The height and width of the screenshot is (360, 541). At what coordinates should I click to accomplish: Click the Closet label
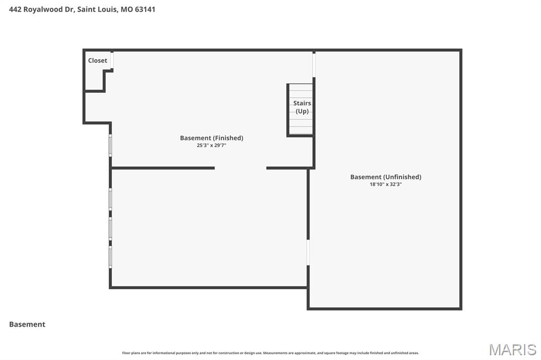pos(98,61)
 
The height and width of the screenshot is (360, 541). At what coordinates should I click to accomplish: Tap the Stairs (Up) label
pos(302,107)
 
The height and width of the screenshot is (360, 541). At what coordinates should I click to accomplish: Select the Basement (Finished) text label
pos(211,138)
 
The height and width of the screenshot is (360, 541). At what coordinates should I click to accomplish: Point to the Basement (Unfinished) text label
pos(386,177)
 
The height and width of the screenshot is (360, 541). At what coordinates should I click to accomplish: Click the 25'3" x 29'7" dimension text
pos(211,145)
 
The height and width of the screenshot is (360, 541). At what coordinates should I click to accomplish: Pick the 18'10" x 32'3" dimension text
pos(386,184)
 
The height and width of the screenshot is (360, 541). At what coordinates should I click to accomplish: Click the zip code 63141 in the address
pos(145,10)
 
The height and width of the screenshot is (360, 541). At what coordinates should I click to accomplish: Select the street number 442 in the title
pos(16,10)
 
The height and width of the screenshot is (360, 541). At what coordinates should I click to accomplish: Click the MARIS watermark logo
pos(512,349)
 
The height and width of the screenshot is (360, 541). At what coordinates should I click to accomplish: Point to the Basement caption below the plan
pos(27,325)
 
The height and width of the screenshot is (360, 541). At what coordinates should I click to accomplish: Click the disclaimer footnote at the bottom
pos(270,353)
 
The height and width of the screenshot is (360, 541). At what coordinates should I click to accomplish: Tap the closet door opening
pos(112,60)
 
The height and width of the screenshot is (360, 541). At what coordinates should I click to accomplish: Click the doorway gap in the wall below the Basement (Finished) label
pos(240,168)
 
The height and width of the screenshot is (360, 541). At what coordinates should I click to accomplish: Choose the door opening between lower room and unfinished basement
pos(308,252)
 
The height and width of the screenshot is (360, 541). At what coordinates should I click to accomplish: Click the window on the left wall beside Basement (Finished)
pos(110,145)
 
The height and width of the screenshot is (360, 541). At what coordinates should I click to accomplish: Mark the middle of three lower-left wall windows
pos(110,229)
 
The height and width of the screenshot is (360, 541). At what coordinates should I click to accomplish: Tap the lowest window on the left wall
pos(110,258)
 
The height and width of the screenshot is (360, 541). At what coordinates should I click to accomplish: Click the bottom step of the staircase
pos(301,131)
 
